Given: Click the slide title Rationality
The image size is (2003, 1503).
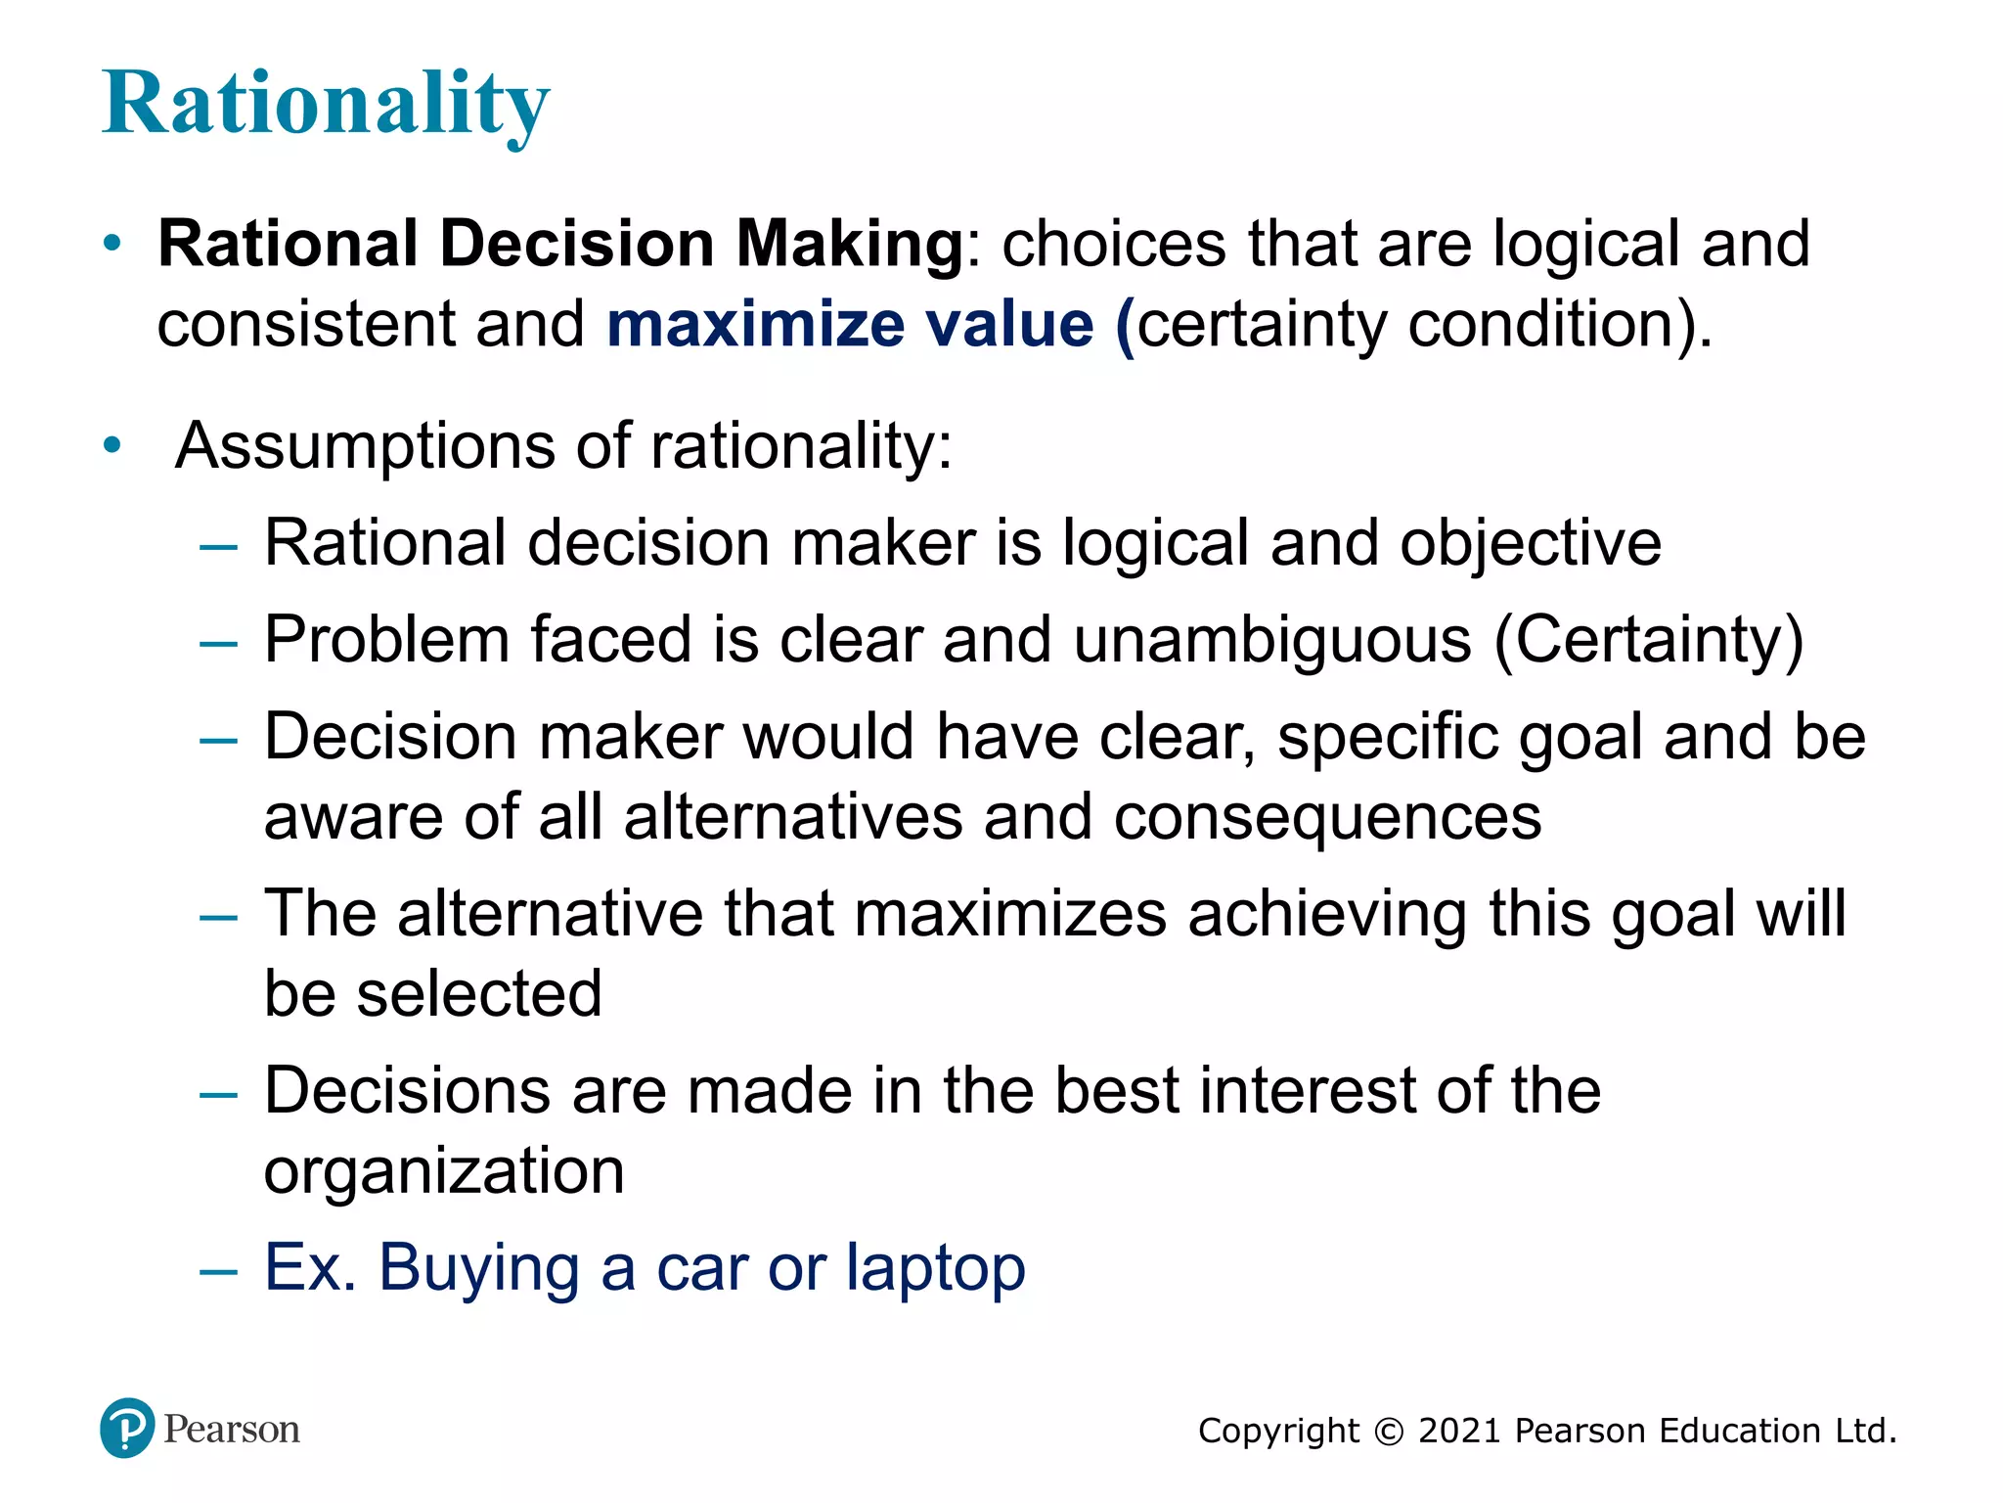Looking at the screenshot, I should [326, 104].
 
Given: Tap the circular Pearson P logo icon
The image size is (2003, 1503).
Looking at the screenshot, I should [127, 1428].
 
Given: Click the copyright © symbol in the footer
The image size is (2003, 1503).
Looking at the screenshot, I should [1388, 1432].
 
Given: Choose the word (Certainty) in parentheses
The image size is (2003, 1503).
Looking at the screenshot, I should [1649, 641].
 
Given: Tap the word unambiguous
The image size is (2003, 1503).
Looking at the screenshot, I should [1271, 641].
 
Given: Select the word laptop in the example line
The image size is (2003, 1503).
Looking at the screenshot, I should [935, 1269].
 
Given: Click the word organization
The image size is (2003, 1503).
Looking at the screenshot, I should [444, 1171].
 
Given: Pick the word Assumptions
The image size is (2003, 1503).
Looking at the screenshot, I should [365, 446].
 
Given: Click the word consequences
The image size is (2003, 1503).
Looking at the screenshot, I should [1327, 817].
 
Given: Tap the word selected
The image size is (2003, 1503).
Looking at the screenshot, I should [478, 994].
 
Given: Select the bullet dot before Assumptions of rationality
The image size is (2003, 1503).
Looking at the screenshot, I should [112, 446].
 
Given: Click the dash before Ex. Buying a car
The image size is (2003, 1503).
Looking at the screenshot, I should [218, 1271].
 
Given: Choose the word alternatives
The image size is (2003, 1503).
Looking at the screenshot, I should [793, 817].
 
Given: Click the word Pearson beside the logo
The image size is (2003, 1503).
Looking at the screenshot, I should [232, 1430].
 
